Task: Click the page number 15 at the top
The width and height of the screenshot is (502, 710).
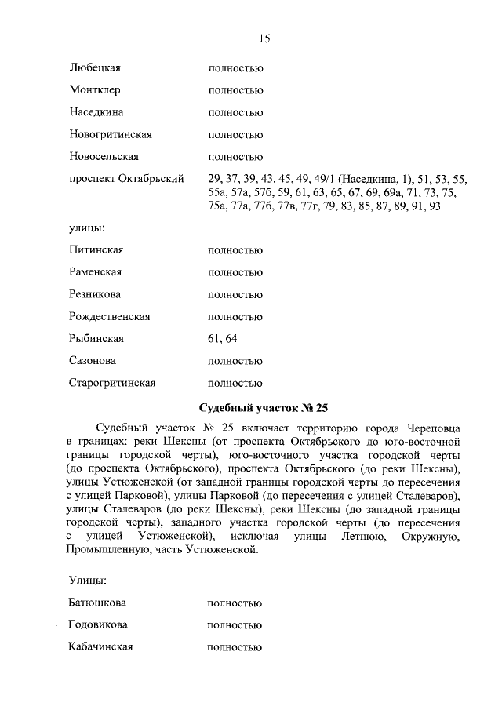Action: tap(264, 38)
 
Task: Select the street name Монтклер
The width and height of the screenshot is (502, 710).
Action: tap(94, 90)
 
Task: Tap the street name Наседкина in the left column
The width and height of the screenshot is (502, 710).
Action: tap(96, 112)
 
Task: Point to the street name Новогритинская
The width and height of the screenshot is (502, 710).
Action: tap(110, 134)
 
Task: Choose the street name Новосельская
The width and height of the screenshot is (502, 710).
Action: tap(104, 156)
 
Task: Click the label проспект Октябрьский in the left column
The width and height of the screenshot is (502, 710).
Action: tap(126, 179)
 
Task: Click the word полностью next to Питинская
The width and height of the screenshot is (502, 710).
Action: tap(235, 250)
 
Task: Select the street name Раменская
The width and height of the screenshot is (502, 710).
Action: tap(95, 272)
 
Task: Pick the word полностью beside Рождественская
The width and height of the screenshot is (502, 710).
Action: tap(235, 317)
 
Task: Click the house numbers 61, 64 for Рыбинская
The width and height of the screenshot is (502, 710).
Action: tap(222, 339)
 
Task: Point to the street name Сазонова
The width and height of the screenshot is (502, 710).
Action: tap(93, 361)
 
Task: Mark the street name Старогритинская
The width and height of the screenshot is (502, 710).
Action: tap(112, 383)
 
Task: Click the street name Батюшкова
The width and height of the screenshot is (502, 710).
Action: tap(98, 603)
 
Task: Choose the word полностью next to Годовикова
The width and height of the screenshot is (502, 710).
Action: tap(235, 625)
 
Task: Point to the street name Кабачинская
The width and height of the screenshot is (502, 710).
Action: tap(100, 647)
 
